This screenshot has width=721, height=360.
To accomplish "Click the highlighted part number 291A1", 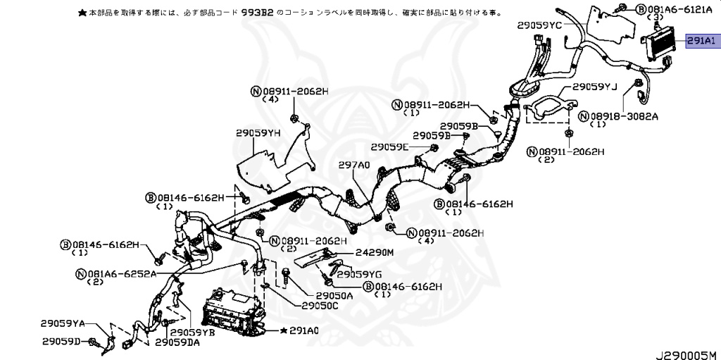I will [701, 42].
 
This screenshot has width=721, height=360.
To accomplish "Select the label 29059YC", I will [539, 25].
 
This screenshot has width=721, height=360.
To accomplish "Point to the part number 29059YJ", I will [594, 88].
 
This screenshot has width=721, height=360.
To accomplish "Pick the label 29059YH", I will [258, 132].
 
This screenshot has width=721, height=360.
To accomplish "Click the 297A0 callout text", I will [353, 164].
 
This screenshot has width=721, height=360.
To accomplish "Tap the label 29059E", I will [389, 147].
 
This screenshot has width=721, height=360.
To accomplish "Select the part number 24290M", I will [374, 252].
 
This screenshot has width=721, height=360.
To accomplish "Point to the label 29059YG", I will [359, 273].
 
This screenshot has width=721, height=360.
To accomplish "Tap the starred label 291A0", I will [304, 330].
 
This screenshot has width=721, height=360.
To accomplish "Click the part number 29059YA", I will [62, 323].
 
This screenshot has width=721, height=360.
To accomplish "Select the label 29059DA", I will [177, 342].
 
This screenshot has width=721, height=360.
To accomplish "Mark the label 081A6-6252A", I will [121, 273].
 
